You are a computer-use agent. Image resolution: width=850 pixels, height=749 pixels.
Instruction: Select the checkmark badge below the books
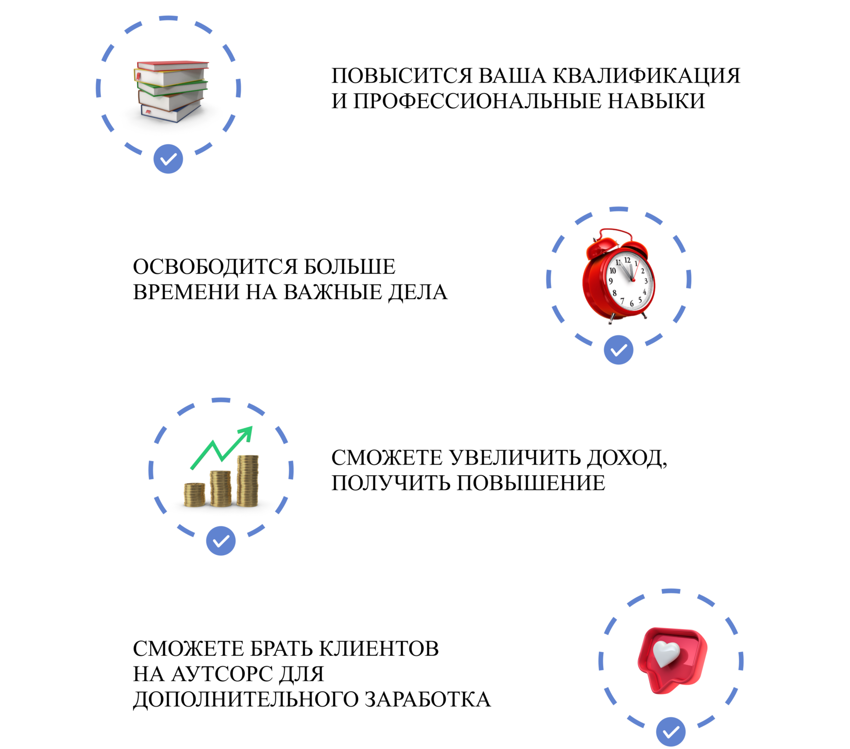(168, 159)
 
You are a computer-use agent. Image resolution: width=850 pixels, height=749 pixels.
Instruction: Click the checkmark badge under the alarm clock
(618, 350)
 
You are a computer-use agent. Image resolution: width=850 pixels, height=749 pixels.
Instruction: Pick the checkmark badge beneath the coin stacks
(221, 541)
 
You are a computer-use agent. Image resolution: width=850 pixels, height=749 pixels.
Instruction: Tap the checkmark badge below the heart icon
(671, 732)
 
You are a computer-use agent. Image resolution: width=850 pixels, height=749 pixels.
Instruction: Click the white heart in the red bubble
(666, 654)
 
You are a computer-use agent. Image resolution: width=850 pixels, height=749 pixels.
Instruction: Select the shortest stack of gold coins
(194, 494)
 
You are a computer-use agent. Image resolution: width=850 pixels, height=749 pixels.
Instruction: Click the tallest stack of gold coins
(247, 481)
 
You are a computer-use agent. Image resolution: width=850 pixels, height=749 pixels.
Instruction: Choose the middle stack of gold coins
(221, 488)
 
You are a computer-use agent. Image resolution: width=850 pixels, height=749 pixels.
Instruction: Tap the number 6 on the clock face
(631, 304)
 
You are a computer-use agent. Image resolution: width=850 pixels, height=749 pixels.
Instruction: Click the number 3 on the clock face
(646, 281)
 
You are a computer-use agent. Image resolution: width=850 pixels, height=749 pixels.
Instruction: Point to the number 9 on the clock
(611, 281)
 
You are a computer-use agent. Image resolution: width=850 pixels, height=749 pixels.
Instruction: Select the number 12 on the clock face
(627, 260)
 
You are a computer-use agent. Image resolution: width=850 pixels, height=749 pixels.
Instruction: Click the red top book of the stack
(172, 65)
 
